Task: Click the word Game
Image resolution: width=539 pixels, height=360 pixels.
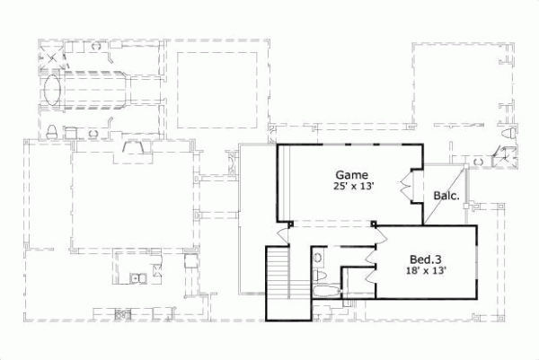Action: (349, 174)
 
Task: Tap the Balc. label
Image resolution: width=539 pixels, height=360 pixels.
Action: (446, 196)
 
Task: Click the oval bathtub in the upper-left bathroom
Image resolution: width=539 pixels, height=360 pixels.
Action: (53, 92)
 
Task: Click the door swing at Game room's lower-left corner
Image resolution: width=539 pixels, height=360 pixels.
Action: (284, 234)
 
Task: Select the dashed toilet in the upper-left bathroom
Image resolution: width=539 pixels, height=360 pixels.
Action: (53, 132)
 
